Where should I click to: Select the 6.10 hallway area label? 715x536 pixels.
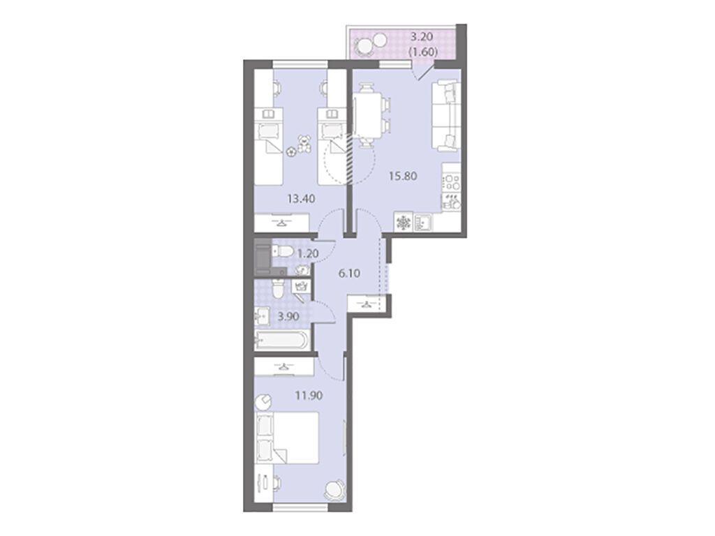coord(350,274)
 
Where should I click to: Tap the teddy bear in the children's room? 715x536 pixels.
coord(304,144)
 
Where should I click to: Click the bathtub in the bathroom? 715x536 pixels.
coord(282,342)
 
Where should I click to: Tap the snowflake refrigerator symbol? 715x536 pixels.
coord(404,223)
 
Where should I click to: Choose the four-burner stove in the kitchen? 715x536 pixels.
coord(451,183)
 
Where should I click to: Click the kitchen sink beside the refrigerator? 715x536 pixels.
coord(423,223)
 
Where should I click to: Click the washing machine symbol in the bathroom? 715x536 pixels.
coord(302,286)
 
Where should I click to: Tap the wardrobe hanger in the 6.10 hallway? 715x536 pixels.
coord(367,302)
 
